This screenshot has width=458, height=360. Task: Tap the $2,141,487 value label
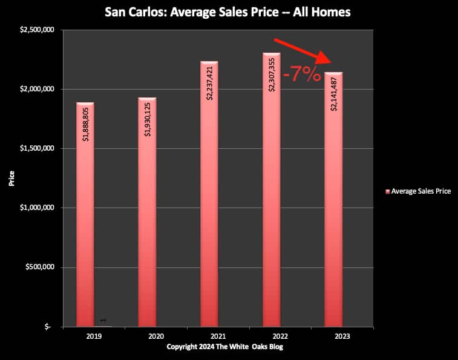[x=334, y=94]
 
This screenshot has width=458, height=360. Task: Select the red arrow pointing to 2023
[x=303, y=50]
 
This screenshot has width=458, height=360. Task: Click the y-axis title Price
[x=11, y=178]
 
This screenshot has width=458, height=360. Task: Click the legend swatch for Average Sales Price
[x=387, y=191]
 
